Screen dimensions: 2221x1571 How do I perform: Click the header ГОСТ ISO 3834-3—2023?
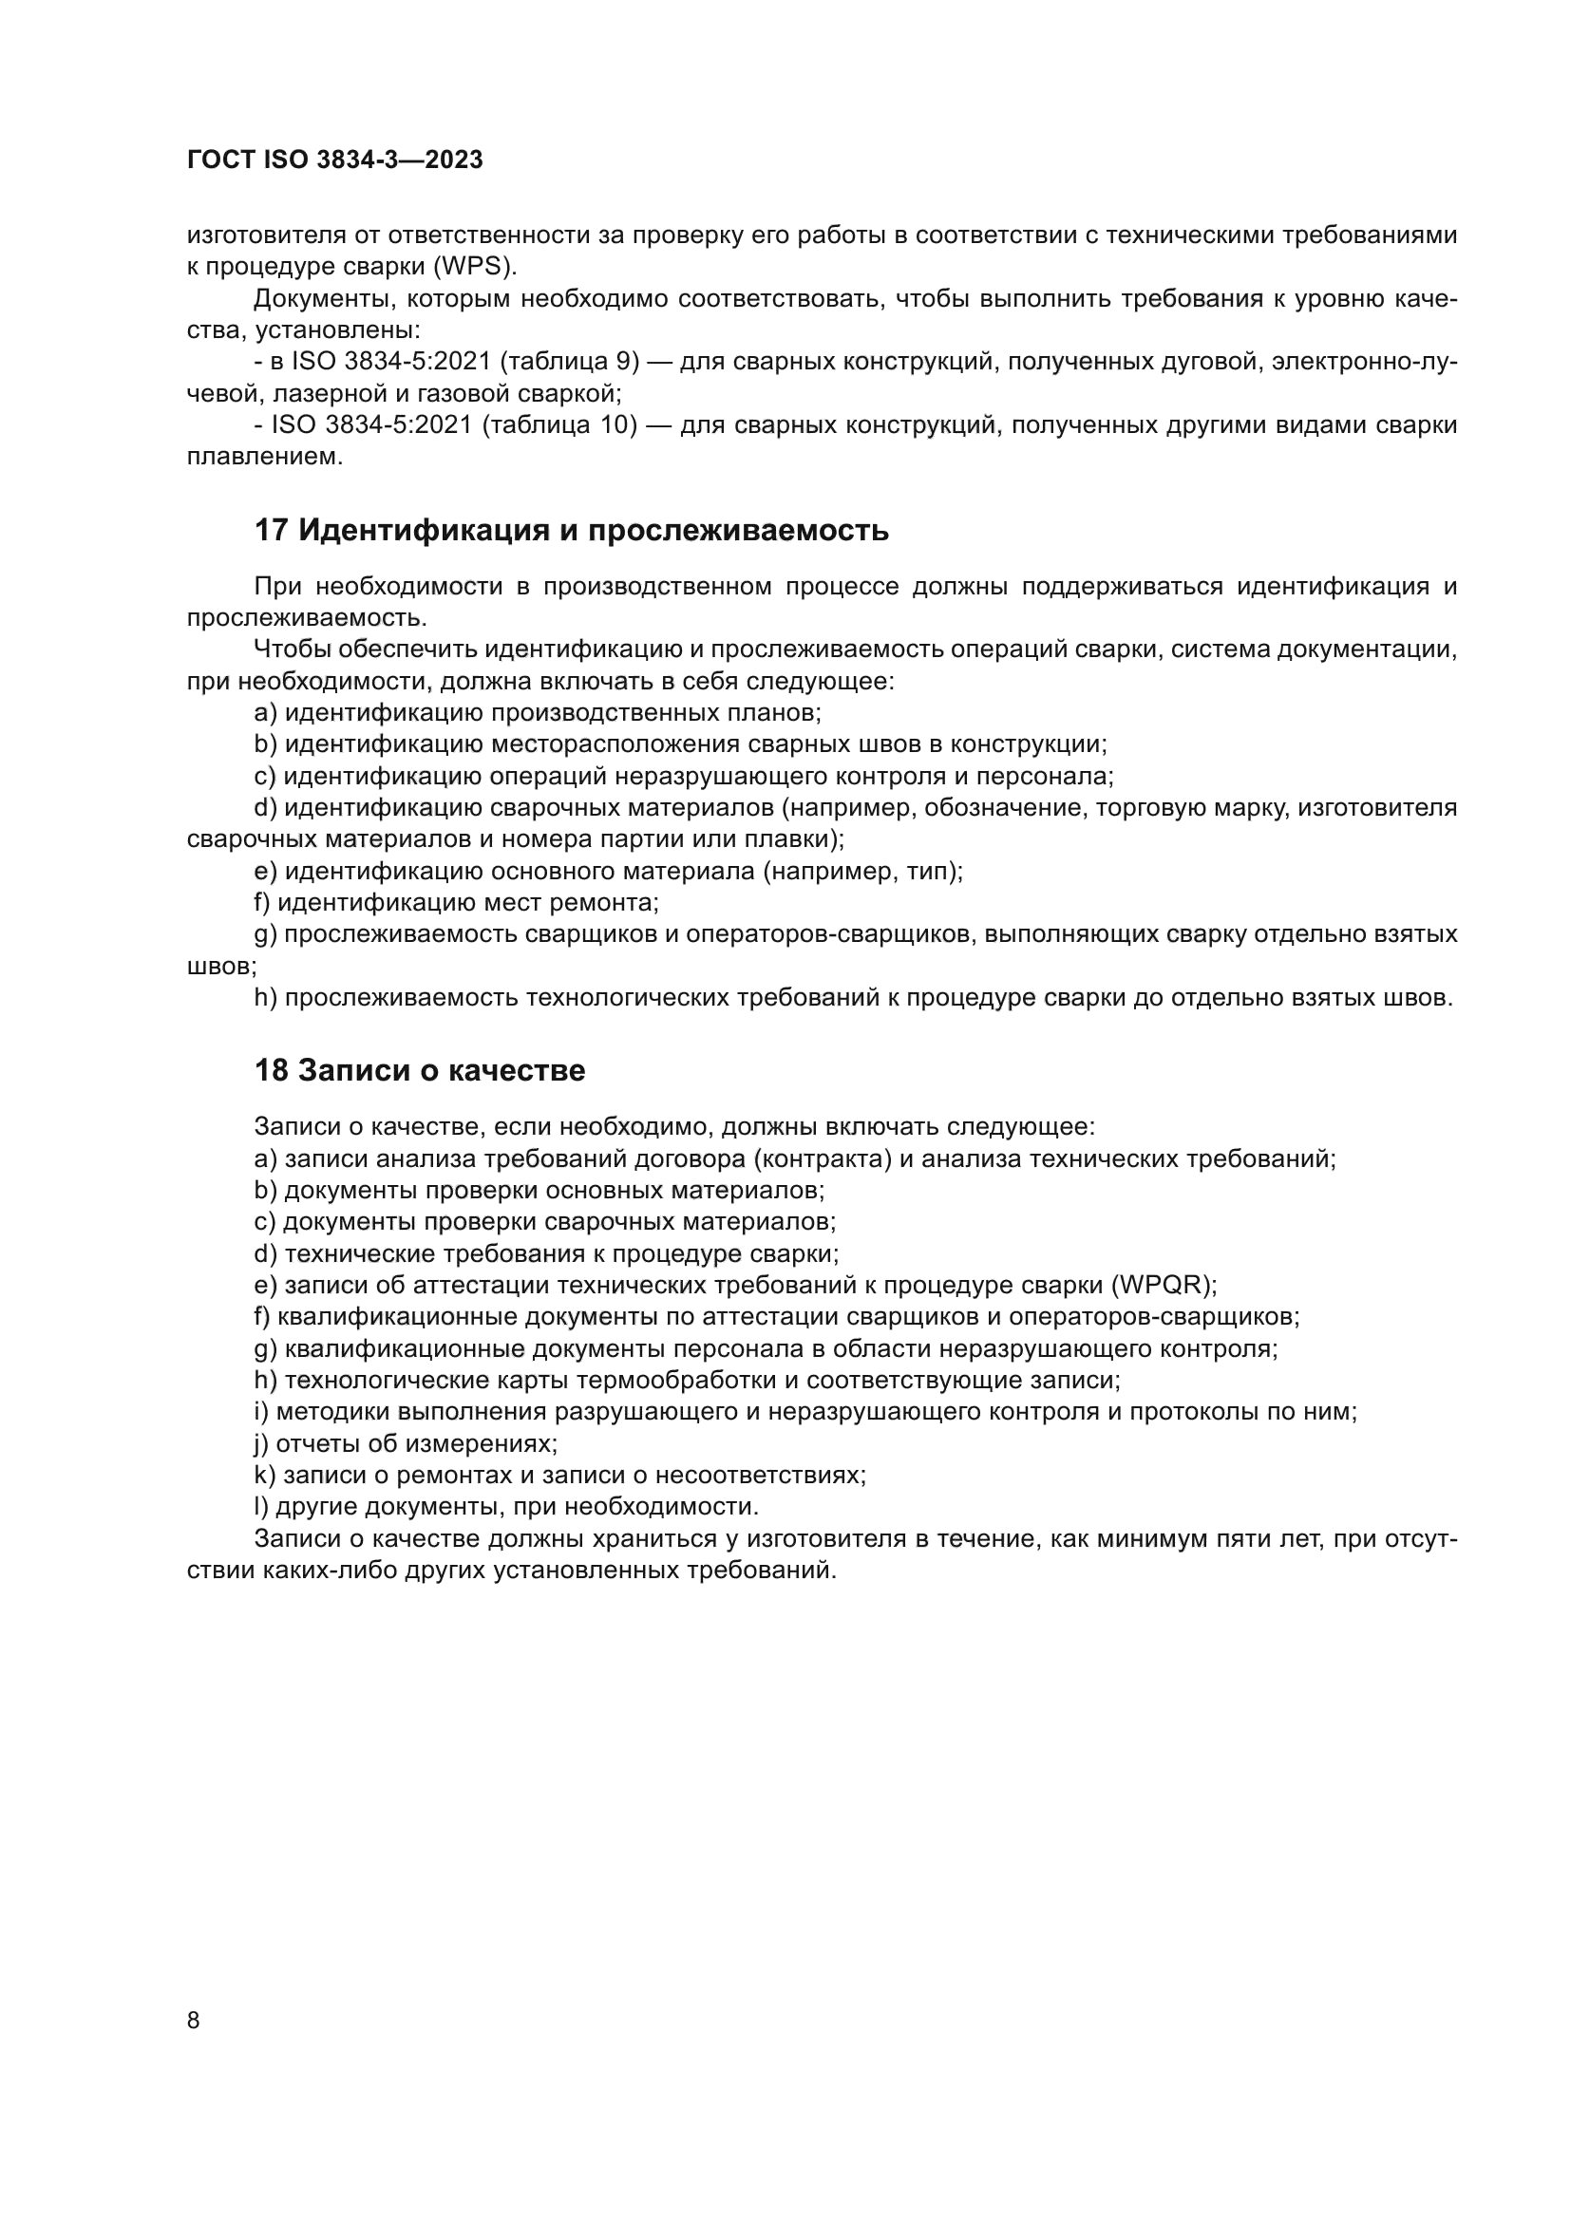(334, 160)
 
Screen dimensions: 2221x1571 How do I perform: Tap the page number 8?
(194, 2020)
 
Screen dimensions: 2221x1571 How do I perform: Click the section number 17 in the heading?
(271, 531)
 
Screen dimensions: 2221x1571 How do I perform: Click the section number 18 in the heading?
(271, 1071)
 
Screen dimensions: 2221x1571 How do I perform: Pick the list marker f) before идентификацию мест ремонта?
(262, 903)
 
